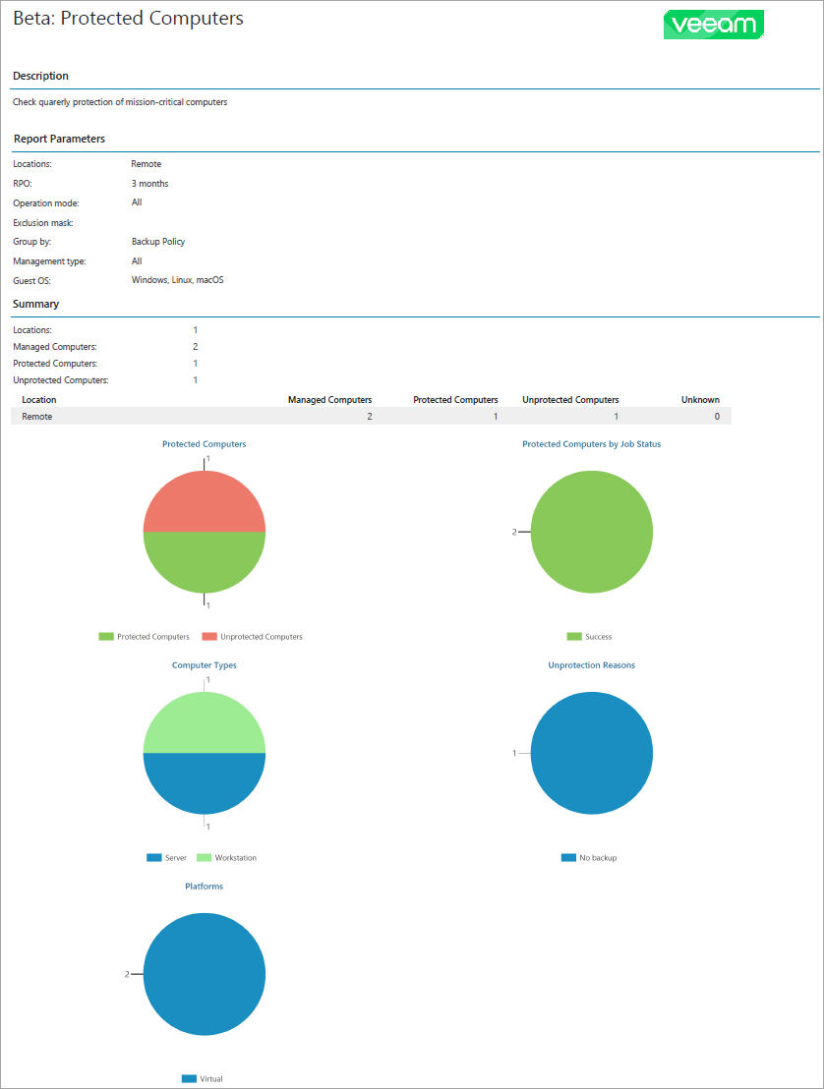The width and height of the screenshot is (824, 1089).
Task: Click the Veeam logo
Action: [x=714, y=25]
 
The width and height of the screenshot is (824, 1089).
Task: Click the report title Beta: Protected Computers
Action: [x=128, y=19]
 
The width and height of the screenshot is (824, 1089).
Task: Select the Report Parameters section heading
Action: [x=59, y=139]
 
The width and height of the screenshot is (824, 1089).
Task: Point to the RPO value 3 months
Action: [x=149, y=184]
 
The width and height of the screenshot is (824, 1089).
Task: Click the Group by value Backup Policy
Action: [x=158, y=242]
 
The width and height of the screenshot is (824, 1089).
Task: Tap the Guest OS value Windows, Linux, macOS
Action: [x=177, y=280]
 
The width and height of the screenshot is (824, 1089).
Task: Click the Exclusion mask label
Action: [x=42, y=223]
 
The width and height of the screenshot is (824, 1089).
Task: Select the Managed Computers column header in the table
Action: [x=329, y=400]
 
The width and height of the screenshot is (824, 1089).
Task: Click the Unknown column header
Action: [x=700, y=400]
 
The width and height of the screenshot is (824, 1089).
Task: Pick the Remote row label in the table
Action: [x=37, y=417]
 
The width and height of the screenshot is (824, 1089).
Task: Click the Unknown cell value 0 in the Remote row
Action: [x=716, y=417]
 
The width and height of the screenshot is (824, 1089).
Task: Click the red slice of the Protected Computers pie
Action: [x=205, y=501]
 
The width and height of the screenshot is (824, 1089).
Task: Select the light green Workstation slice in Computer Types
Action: [x=205, y=722]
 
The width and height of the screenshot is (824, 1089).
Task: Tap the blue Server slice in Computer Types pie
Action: [x=205, y=783]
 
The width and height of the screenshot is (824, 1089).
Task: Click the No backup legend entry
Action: [x=597, y=858]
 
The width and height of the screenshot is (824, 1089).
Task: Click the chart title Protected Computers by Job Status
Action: [x=591, y=444]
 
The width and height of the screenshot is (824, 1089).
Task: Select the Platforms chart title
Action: [x=204, y=887]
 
